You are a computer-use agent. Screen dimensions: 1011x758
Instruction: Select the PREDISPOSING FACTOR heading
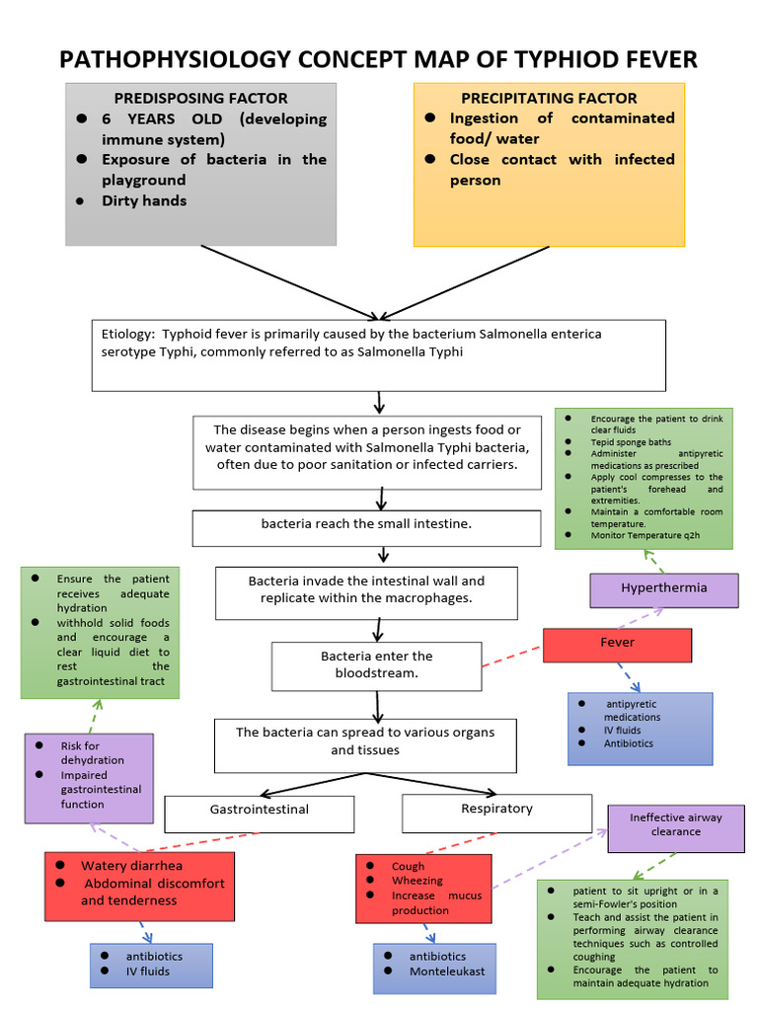[x=200, y=98]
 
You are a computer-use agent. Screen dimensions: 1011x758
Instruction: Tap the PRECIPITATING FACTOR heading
[x=549, y=98]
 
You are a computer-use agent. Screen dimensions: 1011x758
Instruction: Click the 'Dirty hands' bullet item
[x=144, y=200]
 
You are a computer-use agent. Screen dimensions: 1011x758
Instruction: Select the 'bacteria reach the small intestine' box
[x=366, y=524]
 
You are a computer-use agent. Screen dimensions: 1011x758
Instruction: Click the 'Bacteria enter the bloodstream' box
[x=376, y=664]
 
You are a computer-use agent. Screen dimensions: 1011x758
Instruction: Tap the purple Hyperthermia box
[x=663, y=588]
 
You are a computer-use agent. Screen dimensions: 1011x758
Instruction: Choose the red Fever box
[x=617, y=643]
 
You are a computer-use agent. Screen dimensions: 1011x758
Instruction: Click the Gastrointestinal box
[x=259, y=811]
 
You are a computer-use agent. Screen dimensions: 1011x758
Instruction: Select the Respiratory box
[x=496, y=810]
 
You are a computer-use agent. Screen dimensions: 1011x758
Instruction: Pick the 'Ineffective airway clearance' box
[x=676, y=825]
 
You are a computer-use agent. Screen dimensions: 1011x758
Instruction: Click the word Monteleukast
[x=447, y=972]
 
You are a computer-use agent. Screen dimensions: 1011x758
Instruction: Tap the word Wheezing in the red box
[x=417, y=881]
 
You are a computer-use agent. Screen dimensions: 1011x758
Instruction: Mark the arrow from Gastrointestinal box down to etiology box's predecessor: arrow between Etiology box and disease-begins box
[x=380, y=403]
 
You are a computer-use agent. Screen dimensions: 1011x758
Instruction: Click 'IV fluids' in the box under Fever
[x=623, y=731]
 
